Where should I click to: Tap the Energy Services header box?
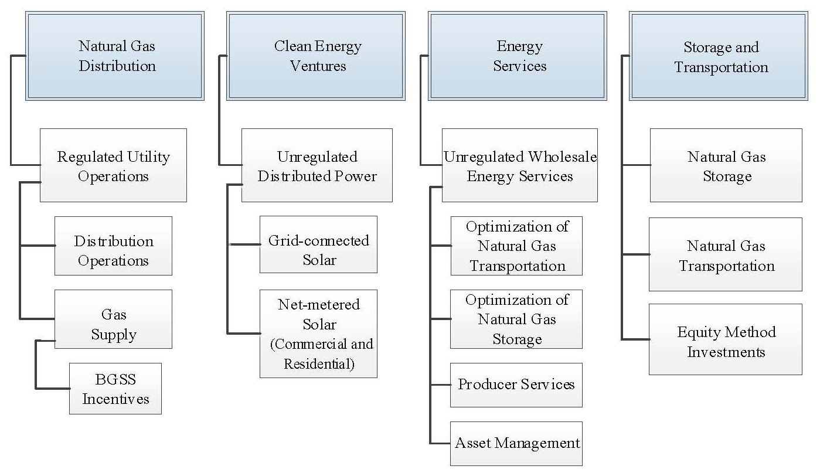[x=518, y=56]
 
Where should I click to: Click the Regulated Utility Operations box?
[x=113, y=166]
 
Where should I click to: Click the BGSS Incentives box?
[x=115, y=389]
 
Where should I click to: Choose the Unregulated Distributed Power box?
[x=317, y=166]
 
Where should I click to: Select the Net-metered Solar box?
[x=318, y=334]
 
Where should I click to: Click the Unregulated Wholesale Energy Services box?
[x=519, y=166]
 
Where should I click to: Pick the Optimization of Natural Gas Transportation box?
[x=516, y=246]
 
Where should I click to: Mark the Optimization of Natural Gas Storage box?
[x=516, y=319]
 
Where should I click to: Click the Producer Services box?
[x=516, y=385]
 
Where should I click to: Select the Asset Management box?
[x=516, y=443]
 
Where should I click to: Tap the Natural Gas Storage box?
[x=726, y=166]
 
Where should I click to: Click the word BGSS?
[x=115, y=379]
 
